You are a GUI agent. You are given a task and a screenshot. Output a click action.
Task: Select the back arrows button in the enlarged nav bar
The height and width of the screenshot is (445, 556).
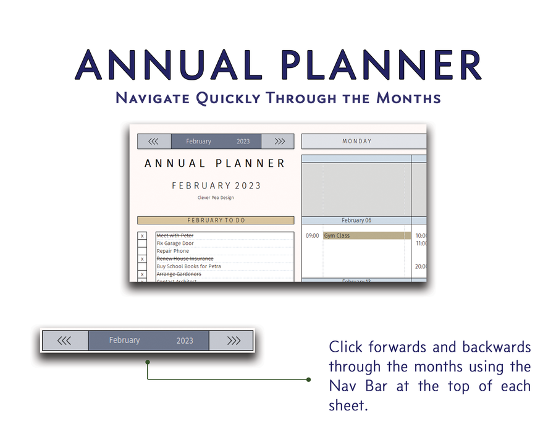click(64, 341)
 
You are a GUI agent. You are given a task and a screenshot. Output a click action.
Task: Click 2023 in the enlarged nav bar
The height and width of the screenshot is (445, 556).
click(185, 341)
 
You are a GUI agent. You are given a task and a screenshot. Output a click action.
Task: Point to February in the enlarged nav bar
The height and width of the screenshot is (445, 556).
click(124, 340)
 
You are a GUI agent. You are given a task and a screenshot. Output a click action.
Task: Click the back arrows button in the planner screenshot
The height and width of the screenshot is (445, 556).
click(154, 142)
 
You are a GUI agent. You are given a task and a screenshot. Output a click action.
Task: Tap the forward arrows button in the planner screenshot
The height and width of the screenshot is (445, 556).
click(280, 142)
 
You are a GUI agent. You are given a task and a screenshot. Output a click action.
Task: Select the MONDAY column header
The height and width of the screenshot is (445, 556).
click(357, 142)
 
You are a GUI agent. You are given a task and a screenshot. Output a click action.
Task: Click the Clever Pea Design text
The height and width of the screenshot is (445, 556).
click(215, 198)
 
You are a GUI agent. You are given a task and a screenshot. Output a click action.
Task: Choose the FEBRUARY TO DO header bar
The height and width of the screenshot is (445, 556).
click(216, 220)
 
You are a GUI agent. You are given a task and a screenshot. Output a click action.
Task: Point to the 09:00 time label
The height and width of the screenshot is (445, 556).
click(312, 235)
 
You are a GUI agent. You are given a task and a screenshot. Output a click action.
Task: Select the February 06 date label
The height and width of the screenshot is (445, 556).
click(356, 220)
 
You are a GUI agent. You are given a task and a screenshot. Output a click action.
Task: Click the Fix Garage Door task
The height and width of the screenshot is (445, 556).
click(175, 244)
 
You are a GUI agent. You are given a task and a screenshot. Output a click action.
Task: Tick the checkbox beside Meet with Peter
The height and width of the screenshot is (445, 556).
click(142, 236)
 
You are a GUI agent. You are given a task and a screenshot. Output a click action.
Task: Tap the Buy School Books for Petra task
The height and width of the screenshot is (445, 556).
click(188, 266)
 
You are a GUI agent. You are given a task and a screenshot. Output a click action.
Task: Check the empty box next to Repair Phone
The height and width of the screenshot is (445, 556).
click(142, 251)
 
